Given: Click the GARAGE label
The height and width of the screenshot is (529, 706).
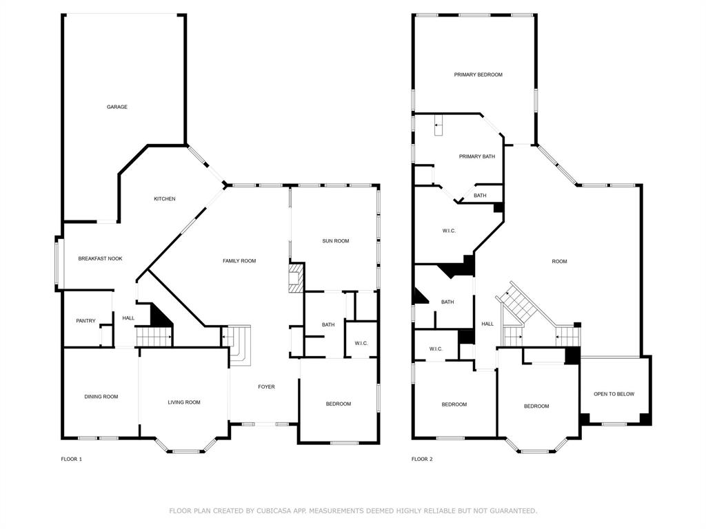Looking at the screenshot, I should [117, 107].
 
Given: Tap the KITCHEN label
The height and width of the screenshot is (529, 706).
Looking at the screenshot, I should [164, 199].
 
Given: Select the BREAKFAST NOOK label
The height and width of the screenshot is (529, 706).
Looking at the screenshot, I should [100, 258].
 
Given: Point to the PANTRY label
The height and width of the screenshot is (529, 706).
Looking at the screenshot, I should [85, 320].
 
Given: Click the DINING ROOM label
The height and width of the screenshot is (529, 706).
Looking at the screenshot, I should [101, 397].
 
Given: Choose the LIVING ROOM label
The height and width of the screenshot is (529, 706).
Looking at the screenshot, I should [184, 402].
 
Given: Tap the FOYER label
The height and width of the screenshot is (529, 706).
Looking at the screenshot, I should [266, 387].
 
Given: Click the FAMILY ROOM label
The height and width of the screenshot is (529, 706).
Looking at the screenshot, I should [239, 261].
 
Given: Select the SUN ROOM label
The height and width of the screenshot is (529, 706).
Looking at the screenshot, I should [336, 241].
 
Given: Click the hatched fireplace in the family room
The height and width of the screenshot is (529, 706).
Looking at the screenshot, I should [296, 278].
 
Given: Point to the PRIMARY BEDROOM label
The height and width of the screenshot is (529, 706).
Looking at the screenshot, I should [478, 74].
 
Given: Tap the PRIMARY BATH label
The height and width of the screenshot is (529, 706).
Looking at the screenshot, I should [477, 157].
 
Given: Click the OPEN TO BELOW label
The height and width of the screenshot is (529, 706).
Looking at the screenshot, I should [614, 394].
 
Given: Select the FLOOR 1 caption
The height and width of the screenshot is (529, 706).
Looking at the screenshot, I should [71, 459].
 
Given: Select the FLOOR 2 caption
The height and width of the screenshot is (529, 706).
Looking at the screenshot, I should [422, 459].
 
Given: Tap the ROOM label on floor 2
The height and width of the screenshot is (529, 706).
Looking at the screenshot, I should [559, 261].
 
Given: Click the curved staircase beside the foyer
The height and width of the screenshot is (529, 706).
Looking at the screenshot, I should [238, 343].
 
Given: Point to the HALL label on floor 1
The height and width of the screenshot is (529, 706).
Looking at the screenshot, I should [128, 318].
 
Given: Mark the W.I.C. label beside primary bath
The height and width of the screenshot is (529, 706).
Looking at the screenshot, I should [448, 231].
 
